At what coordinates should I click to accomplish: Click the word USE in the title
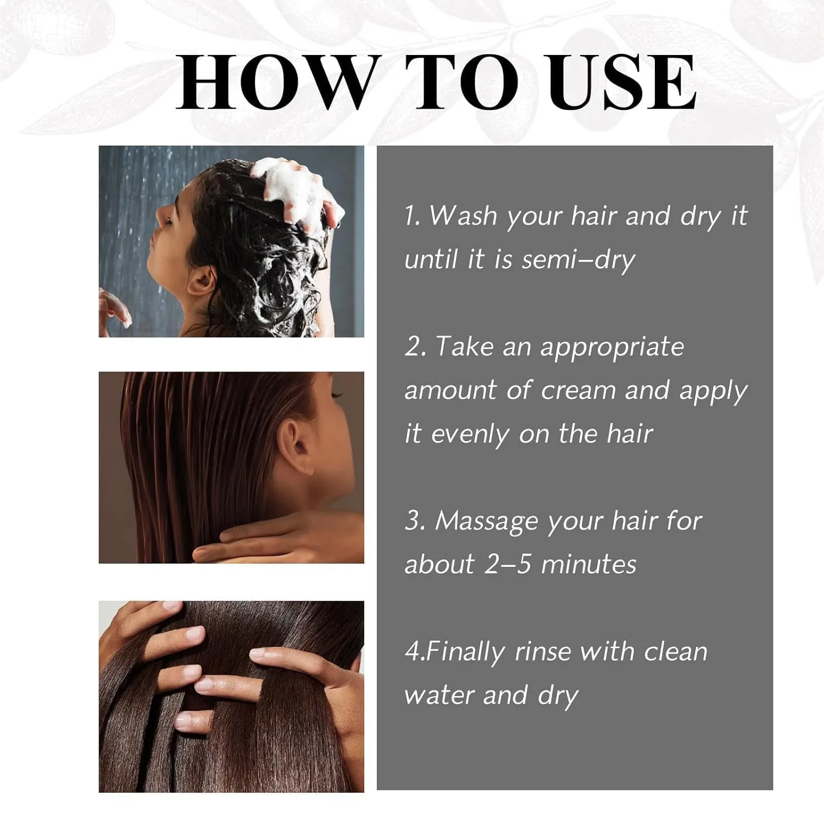click(622, 82)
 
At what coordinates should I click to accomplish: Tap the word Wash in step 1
click(463, 215)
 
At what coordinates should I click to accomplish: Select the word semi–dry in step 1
click(578, 260)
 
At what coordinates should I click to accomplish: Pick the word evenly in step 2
click(470, 435)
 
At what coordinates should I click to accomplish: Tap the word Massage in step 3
click(487, 522)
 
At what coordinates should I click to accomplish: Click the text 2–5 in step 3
click(508, 564)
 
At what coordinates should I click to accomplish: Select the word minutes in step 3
click(589, 564)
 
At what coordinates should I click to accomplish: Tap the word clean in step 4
click(676, 652)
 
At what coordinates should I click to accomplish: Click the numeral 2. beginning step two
click(415, 347)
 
